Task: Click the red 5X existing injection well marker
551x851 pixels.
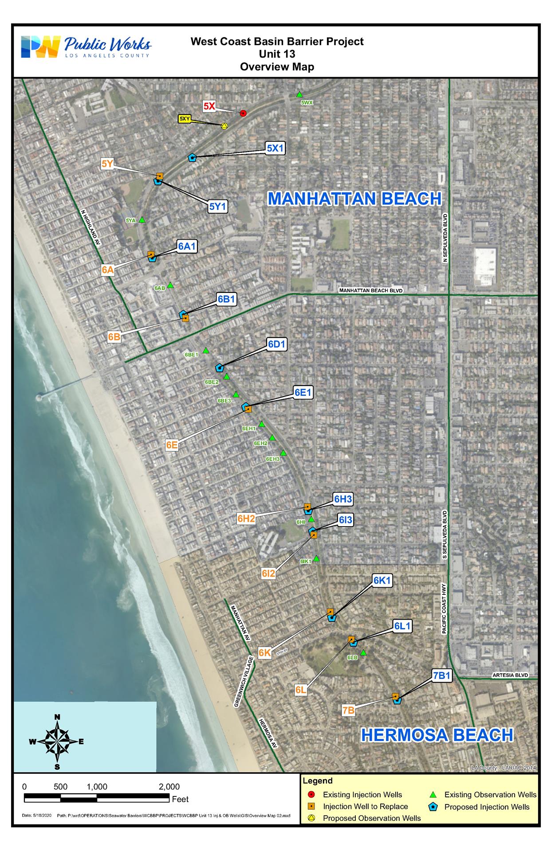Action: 243,113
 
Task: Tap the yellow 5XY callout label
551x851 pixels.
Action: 185,119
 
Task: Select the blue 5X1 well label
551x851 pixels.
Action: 275,148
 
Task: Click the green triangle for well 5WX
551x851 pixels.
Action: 299,94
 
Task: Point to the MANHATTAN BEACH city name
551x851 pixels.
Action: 354,199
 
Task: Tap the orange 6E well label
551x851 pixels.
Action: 172,445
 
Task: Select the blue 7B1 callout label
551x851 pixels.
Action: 442,675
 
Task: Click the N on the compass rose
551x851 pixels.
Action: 57,717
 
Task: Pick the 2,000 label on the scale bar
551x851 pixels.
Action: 169,787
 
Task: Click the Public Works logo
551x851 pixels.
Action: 86,47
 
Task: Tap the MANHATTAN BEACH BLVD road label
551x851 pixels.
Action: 371,291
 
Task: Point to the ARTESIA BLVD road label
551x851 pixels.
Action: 510,675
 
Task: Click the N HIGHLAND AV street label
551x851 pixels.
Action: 91,227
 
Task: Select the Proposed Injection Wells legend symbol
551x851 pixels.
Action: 435,807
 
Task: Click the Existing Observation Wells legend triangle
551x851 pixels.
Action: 435,795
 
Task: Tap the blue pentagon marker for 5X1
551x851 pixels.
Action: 192,157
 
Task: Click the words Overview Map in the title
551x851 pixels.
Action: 277,67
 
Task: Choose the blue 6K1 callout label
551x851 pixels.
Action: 382,581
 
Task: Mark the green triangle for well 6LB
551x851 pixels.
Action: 363,652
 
